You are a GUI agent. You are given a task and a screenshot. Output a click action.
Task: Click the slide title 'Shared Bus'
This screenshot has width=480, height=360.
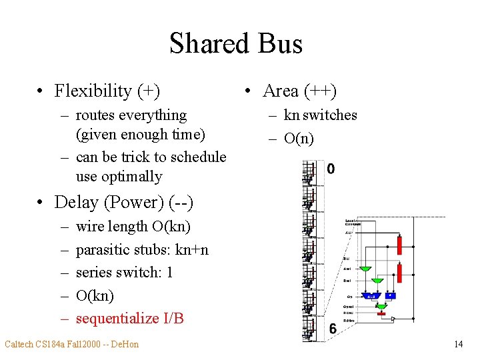236,44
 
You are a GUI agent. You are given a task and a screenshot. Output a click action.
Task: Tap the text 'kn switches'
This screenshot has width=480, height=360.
320,115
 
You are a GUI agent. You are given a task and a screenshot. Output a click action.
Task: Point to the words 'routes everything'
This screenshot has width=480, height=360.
131,115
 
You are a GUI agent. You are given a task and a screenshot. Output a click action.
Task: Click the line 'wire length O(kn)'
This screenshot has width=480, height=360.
133,227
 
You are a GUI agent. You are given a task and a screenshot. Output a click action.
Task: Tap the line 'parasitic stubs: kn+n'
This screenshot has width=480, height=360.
142,250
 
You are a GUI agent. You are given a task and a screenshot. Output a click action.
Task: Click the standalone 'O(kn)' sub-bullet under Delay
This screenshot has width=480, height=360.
95,295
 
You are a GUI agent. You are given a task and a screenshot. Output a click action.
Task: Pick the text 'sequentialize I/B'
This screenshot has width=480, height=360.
129,319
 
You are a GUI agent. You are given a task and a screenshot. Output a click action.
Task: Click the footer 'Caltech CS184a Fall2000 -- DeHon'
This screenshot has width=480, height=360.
72,345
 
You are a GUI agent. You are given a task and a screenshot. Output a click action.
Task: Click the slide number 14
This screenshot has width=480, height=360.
458,345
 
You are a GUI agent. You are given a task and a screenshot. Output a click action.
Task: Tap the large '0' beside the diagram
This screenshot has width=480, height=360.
331,169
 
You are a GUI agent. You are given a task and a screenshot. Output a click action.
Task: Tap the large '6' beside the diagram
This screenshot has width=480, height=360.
332,328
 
